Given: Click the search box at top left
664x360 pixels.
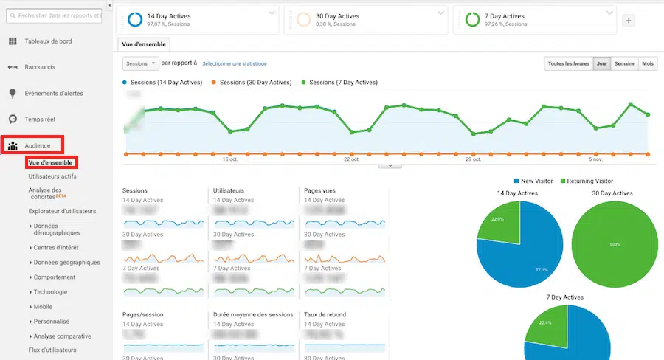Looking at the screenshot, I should (x=59, y=14).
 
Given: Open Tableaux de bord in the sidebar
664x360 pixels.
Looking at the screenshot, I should (x=49, y=41).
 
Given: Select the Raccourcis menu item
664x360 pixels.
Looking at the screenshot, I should (x=40, y=67).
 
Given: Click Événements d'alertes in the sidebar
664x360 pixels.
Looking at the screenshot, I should (x=54, y=93).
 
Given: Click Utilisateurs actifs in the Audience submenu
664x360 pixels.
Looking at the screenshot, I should (x=52, y=176).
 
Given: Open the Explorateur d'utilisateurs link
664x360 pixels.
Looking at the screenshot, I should (x=62, y=211).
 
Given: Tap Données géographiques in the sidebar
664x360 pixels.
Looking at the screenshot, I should (x=67, y=262).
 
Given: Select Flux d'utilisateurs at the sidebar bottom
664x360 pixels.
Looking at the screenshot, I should (x=52, y=350).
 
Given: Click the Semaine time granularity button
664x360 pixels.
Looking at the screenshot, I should (x=624, y=64).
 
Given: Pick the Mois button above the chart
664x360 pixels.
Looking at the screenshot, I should (x=648, y=64).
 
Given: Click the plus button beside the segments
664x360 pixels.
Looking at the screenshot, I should (x=629, y=21).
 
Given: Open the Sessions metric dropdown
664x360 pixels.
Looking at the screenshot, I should (x=140, y=64).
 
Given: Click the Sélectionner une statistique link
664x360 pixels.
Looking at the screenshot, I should (x=235, y=64).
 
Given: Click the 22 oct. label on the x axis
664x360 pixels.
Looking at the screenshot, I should (x=351, y=159).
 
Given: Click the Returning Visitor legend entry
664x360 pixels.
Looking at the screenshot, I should (x=587, y=181).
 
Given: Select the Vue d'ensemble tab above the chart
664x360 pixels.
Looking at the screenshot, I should (x=144, y=44).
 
